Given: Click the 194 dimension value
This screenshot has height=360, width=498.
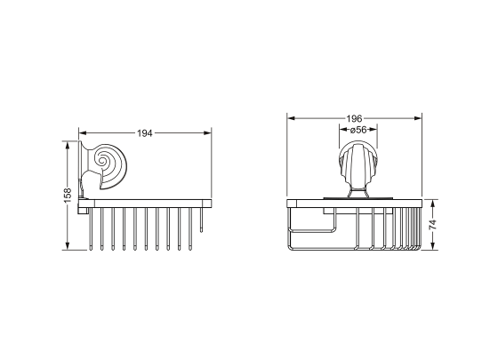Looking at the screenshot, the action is [144, 133].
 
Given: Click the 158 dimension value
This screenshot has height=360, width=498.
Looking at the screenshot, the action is [68, 196].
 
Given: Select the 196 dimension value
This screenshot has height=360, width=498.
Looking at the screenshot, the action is [354, 119].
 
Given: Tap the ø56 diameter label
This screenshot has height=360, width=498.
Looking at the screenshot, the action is [357, 130].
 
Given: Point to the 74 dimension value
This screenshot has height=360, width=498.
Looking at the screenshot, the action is [433, 225].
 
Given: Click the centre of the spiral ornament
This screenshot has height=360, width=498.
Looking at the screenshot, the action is [102, 160].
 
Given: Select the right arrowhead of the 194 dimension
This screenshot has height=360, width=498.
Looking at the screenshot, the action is [208, 133].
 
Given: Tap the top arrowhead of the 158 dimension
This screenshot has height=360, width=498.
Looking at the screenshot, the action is [67, 145].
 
